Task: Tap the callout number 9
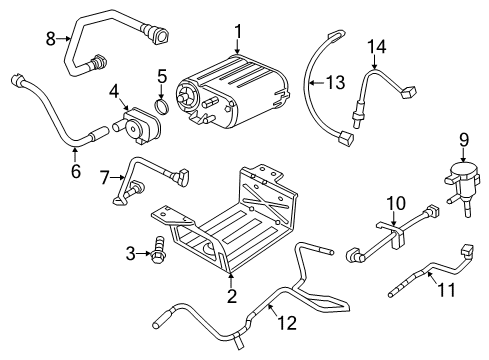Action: click(x=463, y=139)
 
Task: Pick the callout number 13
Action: click(x=334, y=82)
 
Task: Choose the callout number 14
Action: click(x=375, y=46)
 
